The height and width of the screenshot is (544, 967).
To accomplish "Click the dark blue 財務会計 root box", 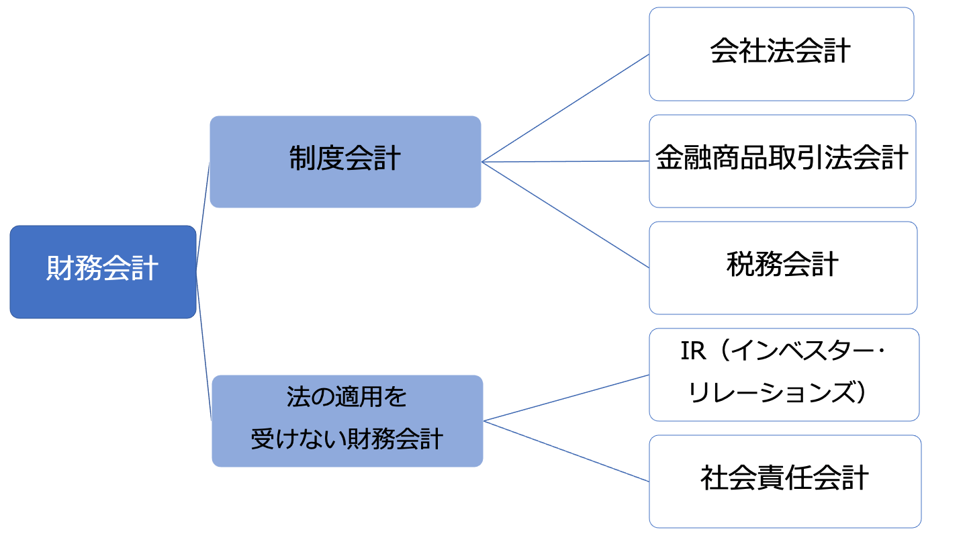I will [103, 271].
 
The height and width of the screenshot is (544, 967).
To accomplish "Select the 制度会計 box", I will [345, 161].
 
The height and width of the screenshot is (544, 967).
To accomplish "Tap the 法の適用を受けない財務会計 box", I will [347, 420].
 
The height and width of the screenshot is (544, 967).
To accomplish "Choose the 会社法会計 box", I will [781, 54].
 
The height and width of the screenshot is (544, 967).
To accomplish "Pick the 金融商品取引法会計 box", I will [782, 161].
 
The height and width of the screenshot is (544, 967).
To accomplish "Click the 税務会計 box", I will [782, 267].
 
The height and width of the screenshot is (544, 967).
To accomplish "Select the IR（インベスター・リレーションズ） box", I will [784, 374].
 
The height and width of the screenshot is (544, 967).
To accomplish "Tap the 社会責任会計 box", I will [784, 481].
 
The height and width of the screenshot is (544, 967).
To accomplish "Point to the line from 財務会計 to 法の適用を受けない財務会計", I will [203, 346].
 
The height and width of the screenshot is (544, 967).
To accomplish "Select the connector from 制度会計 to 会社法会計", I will [565, 108].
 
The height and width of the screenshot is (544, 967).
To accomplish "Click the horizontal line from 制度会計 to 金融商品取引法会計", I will [565, 162].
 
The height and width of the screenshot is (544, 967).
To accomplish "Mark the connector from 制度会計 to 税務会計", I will [565, 215].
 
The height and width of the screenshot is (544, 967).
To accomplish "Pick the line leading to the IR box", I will [565, 398].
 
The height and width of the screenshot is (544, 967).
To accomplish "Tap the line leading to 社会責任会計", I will [565, 451].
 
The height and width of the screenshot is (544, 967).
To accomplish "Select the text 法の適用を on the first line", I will [347, 398].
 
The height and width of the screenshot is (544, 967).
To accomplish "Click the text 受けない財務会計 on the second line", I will [347, 440].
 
